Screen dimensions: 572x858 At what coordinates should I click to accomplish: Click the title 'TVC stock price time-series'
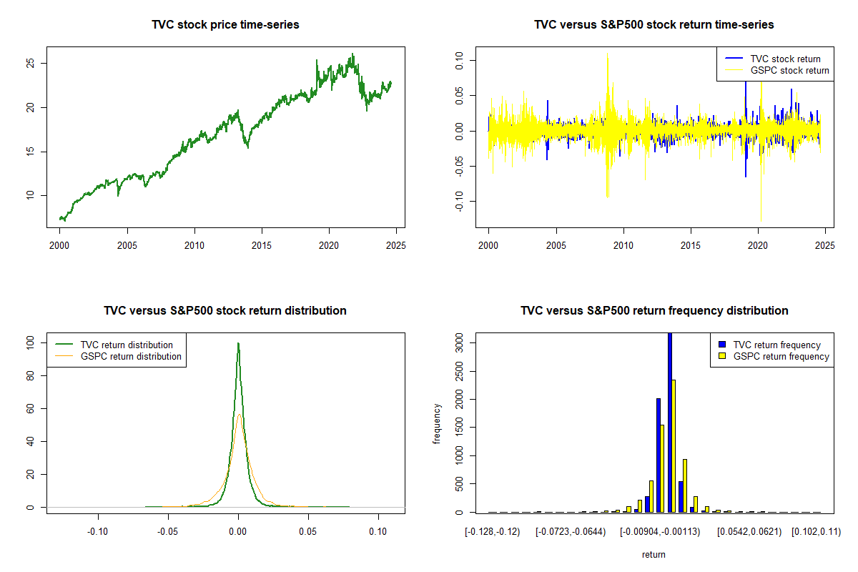point(225,25)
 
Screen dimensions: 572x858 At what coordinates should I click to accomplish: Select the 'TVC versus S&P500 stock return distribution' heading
point(225,311)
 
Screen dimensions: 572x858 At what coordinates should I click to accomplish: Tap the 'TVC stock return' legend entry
point(785,59)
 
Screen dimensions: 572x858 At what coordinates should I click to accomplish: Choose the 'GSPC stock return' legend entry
point(789,70)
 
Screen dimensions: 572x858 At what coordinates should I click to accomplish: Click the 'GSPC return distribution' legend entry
point(131,356)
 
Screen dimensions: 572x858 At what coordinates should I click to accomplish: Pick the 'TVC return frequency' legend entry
point(776,345)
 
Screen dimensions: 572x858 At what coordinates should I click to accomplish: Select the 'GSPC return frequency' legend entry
point(781,356)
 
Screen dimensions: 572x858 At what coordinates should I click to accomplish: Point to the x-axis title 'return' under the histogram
point(654,554)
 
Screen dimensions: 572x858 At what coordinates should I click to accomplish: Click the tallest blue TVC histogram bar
point(670,422)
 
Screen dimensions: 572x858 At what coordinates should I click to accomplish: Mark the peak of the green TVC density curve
point(238,343)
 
